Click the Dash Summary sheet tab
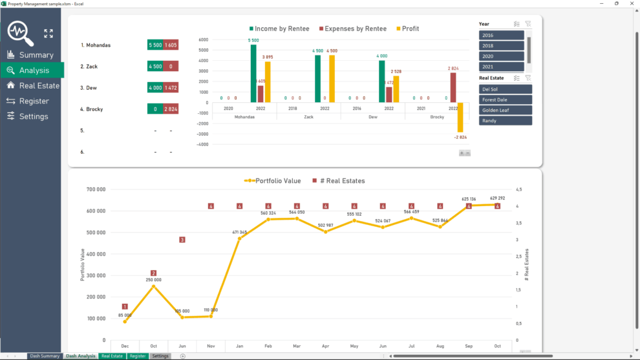(x=45, y=356)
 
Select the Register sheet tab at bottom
(x=137, y=356)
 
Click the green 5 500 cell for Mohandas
(x=155, y=45)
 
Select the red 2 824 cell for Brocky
(x=171, y=109)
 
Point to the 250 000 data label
(x=153, y=280)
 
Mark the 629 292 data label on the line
(x=497, y=198)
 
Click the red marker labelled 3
(x=182, y=240)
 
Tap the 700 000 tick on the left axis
(x=95, y=189)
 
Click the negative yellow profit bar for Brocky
(x=460, y=117)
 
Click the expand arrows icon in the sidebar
(x=48, y=34)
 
